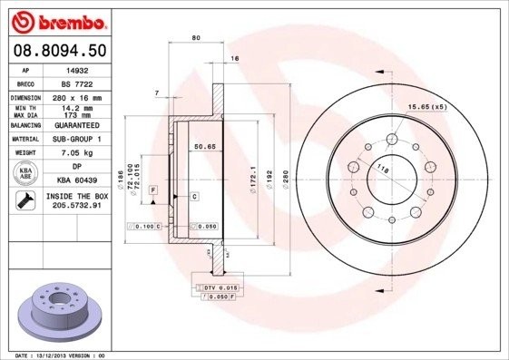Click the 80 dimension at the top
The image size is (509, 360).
coord(195,37)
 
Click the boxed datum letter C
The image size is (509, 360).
coord(193,196)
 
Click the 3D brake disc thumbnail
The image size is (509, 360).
coord(55,312)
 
